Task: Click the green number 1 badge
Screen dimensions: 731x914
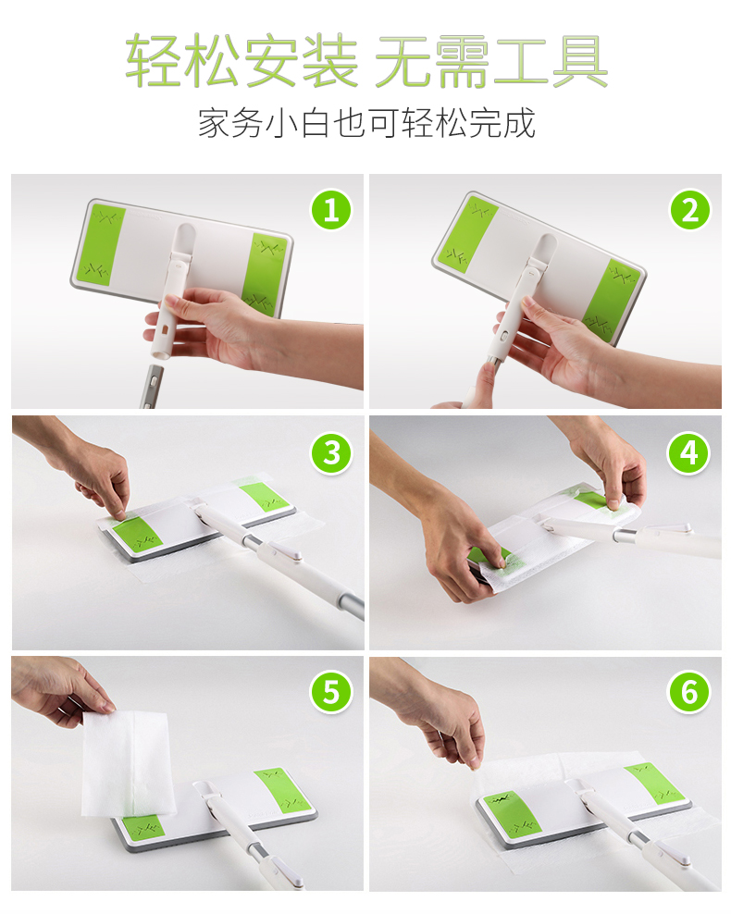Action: [331, 210]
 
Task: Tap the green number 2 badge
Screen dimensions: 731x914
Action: [689, 210]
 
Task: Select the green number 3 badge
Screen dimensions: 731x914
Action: [331, 453]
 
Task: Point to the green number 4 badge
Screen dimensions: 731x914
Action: [689, 453]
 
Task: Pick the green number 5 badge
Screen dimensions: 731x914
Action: [331, 692]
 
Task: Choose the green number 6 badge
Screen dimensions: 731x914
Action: [689, 692]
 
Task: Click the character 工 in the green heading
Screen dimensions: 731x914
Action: [521, 61]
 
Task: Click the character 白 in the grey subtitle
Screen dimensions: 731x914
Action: [316, 123]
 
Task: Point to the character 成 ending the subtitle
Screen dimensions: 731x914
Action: [520, 123]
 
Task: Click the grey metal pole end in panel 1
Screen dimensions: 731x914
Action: [150, 385]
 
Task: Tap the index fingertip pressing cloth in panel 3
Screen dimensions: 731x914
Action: [120, 513]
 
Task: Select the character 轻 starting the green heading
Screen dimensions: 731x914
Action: [153, 61]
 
